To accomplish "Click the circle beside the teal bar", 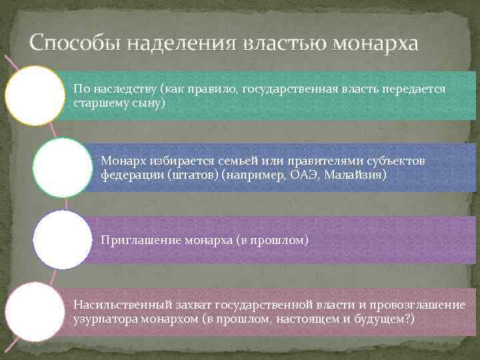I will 35,95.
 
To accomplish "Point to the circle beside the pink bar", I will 35,311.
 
